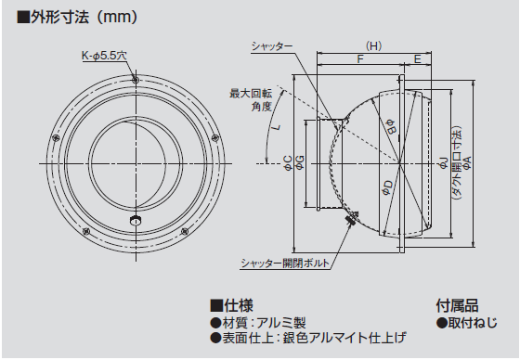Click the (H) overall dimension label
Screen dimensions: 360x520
pyautogui.click(x=373, y=45)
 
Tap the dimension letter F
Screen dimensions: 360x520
pyautogui.click(x=359, y=59)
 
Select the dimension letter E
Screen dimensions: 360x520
pyautogui.click(x=418, y=59)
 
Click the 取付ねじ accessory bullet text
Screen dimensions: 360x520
pyautogui.click(x=465, y=322)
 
